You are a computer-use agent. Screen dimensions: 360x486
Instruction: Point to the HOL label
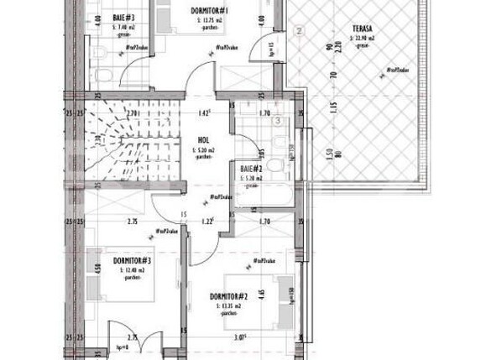(x=203, y=141)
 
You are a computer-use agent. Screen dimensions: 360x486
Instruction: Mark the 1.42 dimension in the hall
(x=204, y=112)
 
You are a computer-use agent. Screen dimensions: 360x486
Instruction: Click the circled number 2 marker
(x=300, y=31)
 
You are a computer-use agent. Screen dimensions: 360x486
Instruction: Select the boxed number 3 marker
(x=278, y=119)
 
